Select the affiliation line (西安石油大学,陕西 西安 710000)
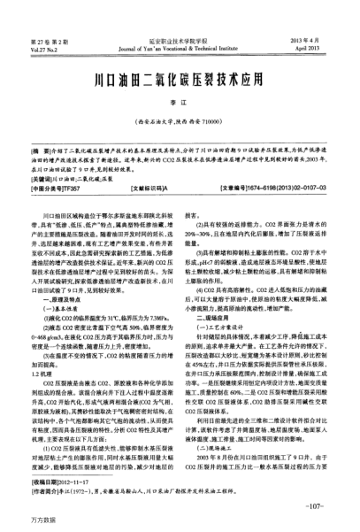pos(180,118)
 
